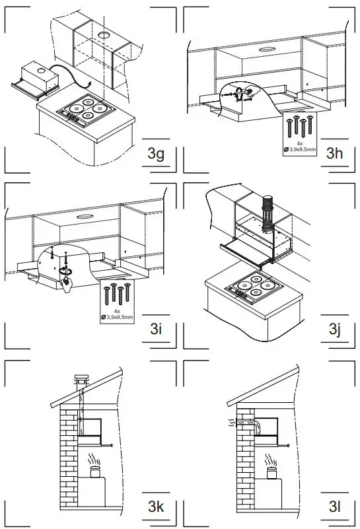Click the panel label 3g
(x=156, y=155)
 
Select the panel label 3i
(x=156, y=328)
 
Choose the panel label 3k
(x=156, y=507)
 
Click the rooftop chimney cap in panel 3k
(x=81, y=380)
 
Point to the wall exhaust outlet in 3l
(x=231, y=421)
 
